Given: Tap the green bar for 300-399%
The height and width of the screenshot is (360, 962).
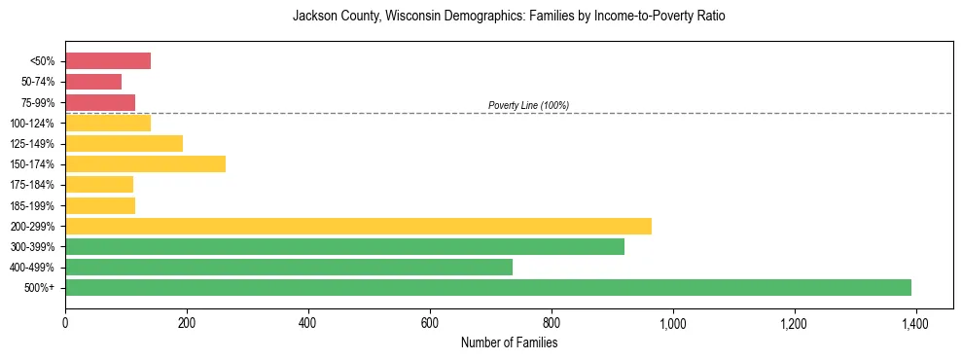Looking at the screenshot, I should [x=344, y=246].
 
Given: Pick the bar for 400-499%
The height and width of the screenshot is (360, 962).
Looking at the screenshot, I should [x=289, y=267].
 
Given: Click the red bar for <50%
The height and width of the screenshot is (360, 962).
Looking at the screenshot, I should [x=108, y=61].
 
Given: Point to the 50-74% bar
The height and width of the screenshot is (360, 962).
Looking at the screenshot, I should [x=93, y=82].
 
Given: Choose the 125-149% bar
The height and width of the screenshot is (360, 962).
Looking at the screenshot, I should [x=125, y=143].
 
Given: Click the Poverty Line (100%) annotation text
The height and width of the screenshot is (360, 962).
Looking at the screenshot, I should [x=528, y=105].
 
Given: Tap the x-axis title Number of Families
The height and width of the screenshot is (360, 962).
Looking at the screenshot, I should [x=509, y=342].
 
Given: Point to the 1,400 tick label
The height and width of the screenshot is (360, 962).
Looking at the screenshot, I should [x=915, y=322].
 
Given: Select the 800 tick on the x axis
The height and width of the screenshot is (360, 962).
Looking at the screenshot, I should [x=552, y=322].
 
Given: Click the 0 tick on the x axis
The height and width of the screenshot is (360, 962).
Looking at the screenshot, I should [x=65, y=322].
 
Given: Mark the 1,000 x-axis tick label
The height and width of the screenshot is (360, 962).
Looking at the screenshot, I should [x=672, y=322].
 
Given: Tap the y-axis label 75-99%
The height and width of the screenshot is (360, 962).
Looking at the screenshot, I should [x=39, y=102].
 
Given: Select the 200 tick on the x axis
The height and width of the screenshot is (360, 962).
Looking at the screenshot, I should [x=187, y=322].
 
